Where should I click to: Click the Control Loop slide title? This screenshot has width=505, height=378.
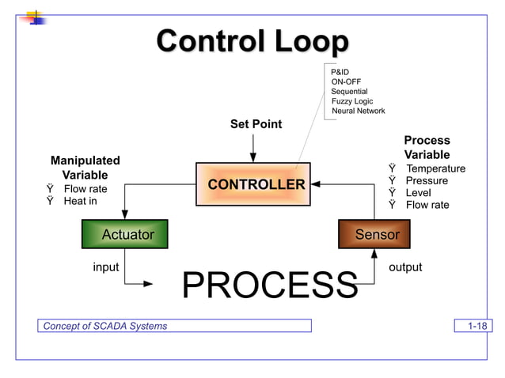click(252, 42)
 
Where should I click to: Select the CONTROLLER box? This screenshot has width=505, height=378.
click(255, 185)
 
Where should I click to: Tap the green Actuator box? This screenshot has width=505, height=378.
click(124, 234)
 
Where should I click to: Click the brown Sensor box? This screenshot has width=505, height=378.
click(377, 234)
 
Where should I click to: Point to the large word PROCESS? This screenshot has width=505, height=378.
click(270, 285)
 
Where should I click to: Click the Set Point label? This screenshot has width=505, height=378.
click(256, 124)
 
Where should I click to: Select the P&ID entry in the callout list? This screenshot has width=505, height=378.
click(340, 72)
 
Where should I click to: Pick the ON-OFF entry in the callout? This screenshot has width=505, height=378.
click(347, 81)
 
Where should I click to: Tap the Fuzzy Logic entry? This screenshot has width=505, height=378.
click(351, 101)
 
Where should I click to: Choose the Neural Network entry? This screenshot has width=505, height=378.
click(358, 111)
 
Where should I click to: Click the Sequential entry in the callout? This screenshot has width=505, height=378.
click(349, 92)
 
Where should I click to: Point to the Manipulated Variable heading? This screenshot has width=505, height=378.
click(85, 167)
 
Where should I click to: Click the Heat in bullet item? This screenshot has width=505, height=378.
click(80, 201)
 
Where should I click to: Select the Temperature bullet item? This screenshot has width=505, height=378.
click(435, 168)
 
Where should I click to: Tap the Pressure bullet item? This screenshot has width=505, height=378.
click(427, 180)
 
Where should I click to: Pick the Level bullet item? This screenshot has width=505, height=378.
click(419, 193)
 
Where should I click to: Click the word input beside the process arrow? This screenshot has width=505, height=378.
click(106, 267)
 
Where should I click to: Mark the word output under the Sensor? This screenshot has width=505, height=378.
click(405, 267)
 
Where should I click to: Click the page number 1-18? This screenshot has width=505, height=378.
click(477, 326)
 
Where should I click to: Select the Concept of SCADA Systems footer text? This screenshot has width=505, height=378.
click(105, 326)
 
